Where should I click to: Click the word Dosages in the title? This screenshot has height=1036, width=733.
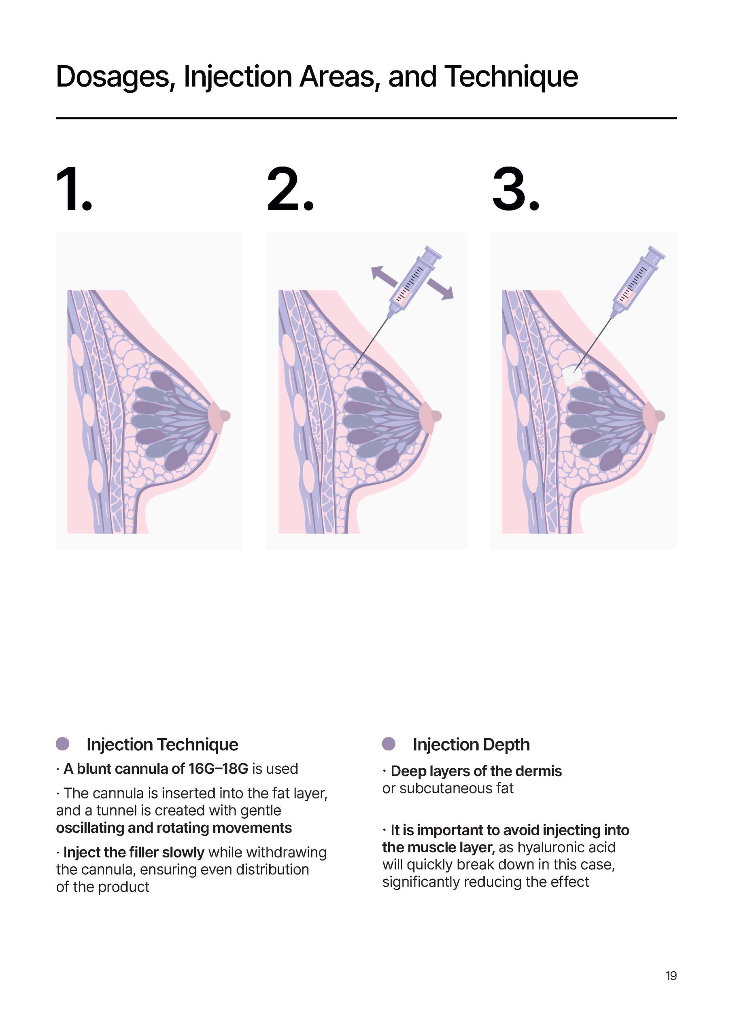115,77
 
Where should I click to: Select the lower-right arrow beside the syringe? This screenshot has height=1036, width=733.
440,289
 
